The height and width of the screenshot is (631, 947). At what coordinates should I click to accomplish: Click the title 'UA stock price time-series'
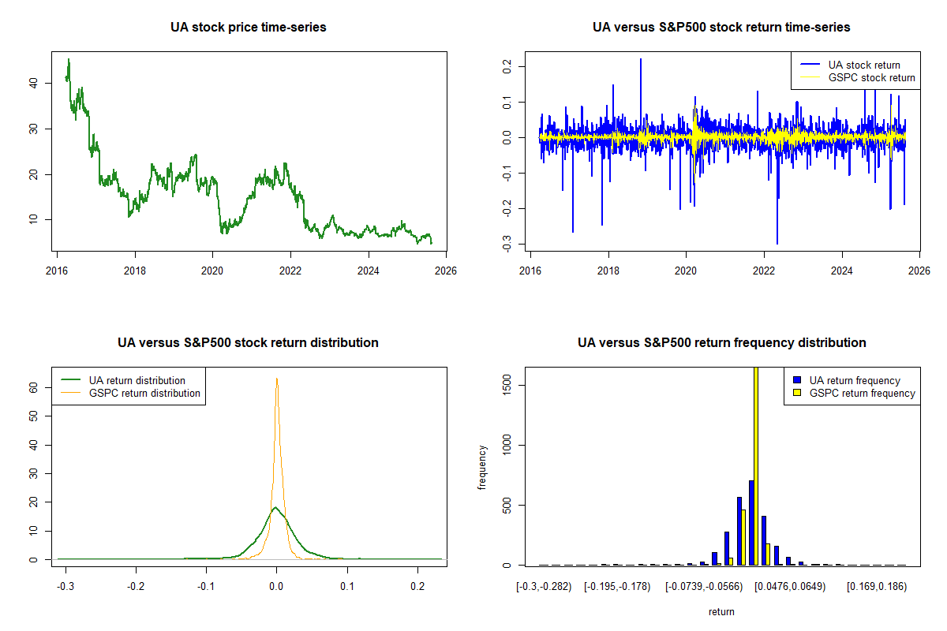click(248, 28)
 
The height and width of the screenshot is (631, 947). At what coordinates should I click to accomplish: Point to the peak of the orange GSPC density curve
click(276, 379)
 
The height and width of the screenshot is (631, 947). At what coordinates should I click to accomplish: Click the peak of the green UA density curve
click(275, 507)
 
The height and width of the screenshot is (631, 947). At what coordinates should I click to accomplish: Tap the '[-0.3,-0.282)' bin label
click(544, 586)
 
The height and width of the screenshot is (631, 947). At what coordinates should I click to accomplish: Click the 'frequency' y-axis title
click(482, 466)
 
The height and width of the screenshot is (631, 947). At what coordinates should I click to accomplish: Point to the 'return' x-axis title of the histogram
click(721, 611)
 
